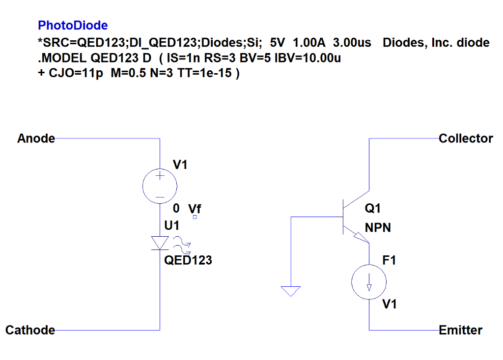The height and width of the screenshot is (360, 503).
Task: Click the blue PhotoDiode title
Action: coord(73,25)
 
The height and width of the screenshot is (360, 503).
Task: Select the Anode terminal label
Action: coord(36,138)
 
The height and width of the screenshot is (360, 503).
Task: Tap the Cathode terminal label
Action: coord(30,330)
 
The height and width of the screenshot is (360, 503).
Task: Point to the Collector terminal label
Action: coord(466,138)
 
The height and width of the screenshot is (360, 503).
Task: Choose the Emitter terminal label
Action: coord(460,330)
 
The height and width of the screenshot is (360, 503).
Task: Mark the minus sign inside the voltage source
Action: coord(160,196)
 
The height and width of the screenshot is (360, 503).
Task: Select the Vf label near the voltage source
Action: coord(195,209)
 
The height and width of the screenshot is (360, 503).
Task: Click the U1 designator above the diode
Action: coord(172,226)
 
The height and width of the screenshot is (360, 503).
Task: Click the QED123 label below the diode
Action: coord(188,260)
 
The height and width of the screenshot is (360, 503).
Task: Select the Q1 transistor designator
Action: coord(373,209)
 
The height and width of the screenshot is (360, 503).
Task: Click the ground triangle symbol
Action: coord(291,292)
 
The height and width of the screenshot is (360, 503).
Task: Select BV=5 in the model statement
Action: coord(255,58)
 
